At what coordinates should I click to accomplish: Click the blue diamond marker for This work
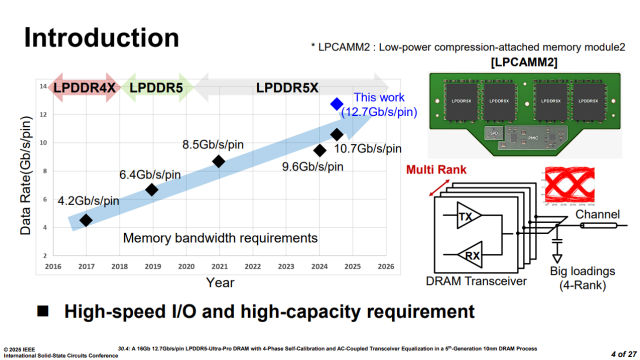coord(337,104)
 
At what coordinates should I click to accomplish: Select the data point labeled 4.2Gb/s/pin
coord(85,220)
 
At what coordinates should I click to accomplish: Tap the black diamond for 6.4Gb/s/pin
coord(151,190)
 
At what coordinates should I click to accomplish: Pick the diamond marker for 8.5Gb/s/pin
coord(218,161)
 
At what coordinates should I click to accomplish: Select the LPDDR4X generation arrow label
coord(84,87)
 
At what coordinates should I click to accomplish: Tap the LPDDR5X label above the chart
coord(287,87)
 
